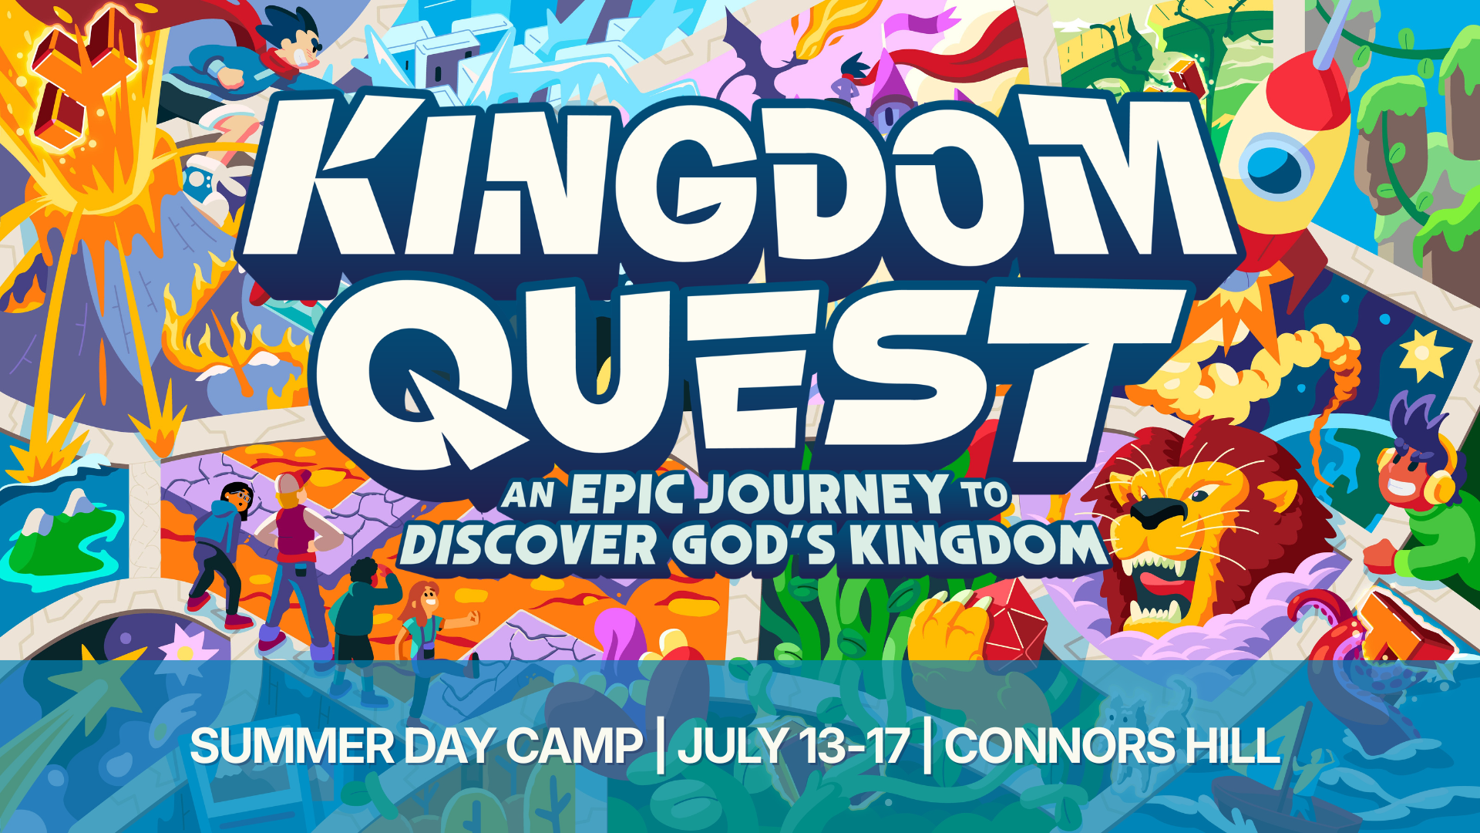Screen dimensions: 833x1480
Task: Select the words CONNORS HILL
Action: pos(1112,747)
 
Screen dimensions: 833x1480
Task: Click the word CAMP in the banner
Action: pos(573,747)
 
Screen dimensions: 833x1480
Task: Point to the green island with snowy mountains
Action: pos(58,532)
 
